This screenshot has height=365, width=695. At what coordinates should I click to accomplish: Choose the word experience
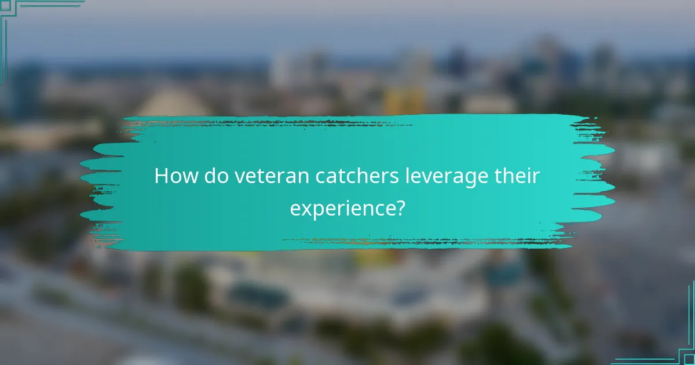point(341,208)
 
